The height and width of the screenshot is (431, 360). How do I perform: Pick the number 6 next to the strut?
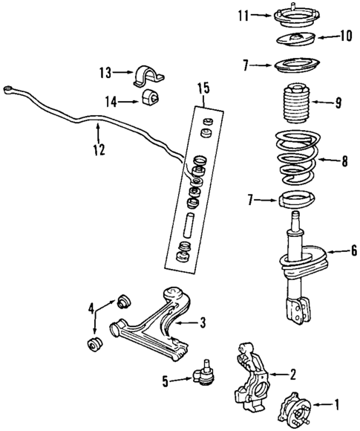click(353, 251)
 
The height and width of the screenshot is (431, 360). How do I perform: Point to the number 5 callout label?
click(166, 381)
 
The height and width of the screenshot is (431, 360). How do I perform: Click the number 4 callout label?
click(92, 308)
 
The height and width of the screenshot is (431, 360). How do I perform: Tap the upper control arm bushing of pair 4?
click(123, 301)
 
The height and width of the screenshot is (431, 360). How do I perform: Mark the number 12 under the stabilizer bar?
click(98, 150)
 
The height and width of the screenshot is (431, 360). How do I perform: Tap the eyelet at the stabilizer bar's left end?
click(10, 90)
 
